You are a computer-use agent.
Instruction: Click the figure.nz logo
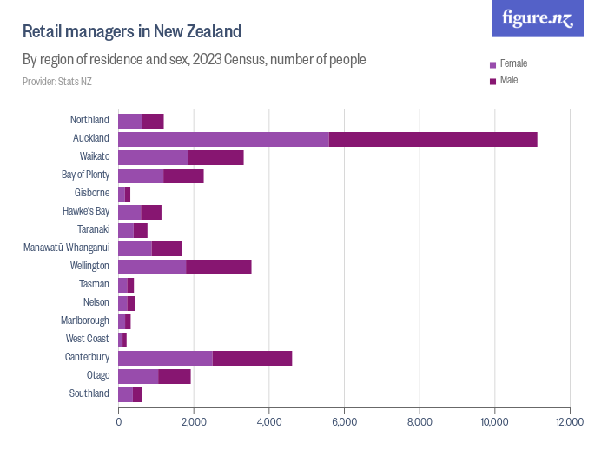pyautogui.click(x=539, y=18)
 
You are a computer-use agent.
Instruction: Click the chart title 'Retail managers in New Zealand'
pyautogui.click(x=132, y=32)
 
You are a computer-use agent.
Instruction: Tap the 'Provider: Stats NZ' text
pyautogui.click(x=57, y=82)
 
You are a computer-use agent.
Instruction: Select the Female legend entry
pyautogui.click(x=513, y=63)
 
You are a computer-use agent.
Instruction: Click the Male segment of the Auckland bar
pyautogui.click(x=433, y=139)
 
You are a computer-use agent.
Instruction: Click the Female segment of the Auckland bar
pyautogui.click(x=223, y=139)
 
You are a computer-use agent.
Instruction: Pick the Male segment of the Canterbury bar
pyautogui.click(x=252, y=357)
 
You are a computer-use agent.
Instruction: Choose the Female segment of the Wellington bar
pyautogui.click(x=152, y=266)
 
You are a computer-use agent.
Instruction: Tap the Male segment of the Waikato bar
pyautogui.click(x=215, y=157)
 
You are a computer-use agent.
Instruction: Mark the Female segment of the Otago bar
pyautogui.click(x=138, y=375)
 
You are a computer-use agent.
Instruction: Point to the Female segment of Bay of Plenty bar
pyautogui.click(x=141, y=175)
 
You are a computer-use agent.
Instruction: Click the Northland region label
pyautogui.click(x=89, y=120)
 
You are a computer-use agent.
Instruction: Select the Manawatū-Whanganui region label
pyautogui.click(x=67, y=248)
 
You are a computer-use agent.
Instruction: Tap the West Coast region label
pyautogui.click(x=88, y=339)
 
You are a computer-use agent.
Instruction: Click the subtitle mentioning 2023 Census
pyautogui.click(x=194, y=60)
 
